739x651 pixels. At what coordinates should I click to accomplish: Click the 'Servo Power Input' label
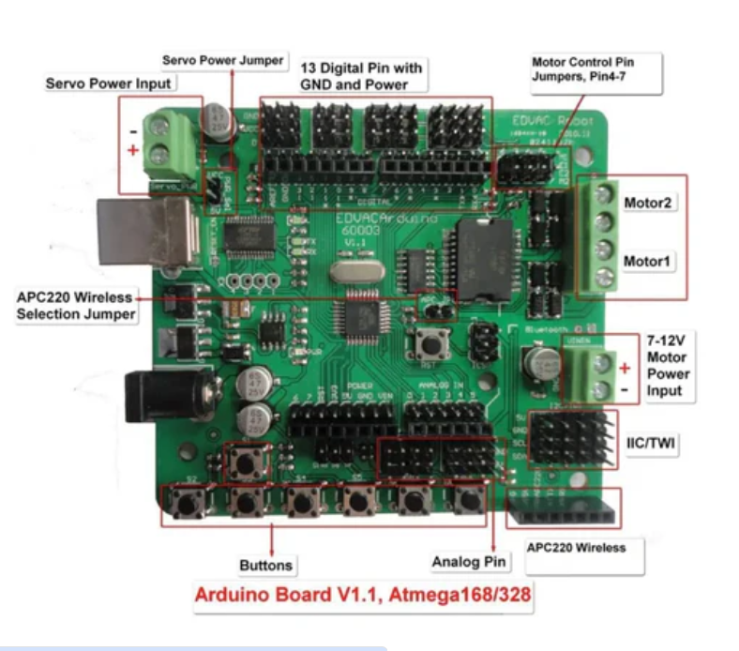point(109,83)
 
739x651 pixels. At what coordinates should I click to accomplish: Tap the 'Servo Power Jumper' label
point(222,60)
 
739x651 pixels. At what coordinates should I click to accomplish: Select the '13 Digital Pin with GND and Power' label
point(361,76)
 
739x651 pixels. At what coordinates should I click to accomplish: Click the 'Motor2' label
point(650,202)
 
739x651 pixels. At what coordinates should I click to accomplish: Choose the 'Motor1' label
point(650,261)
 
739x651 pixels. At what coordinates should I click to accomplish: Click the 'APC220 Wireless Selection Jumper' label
point(76,306)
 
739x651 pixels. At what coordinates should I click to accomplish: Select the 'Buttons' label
point(265,565)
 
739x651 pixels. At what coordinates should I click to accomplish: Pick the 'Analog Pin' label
point(470,562)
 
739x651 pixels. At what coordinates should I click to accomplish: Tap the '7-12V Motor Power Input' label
point(667,365)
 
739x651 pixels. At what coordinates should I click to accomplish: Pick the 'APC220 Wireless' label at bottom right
point(576,547)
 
